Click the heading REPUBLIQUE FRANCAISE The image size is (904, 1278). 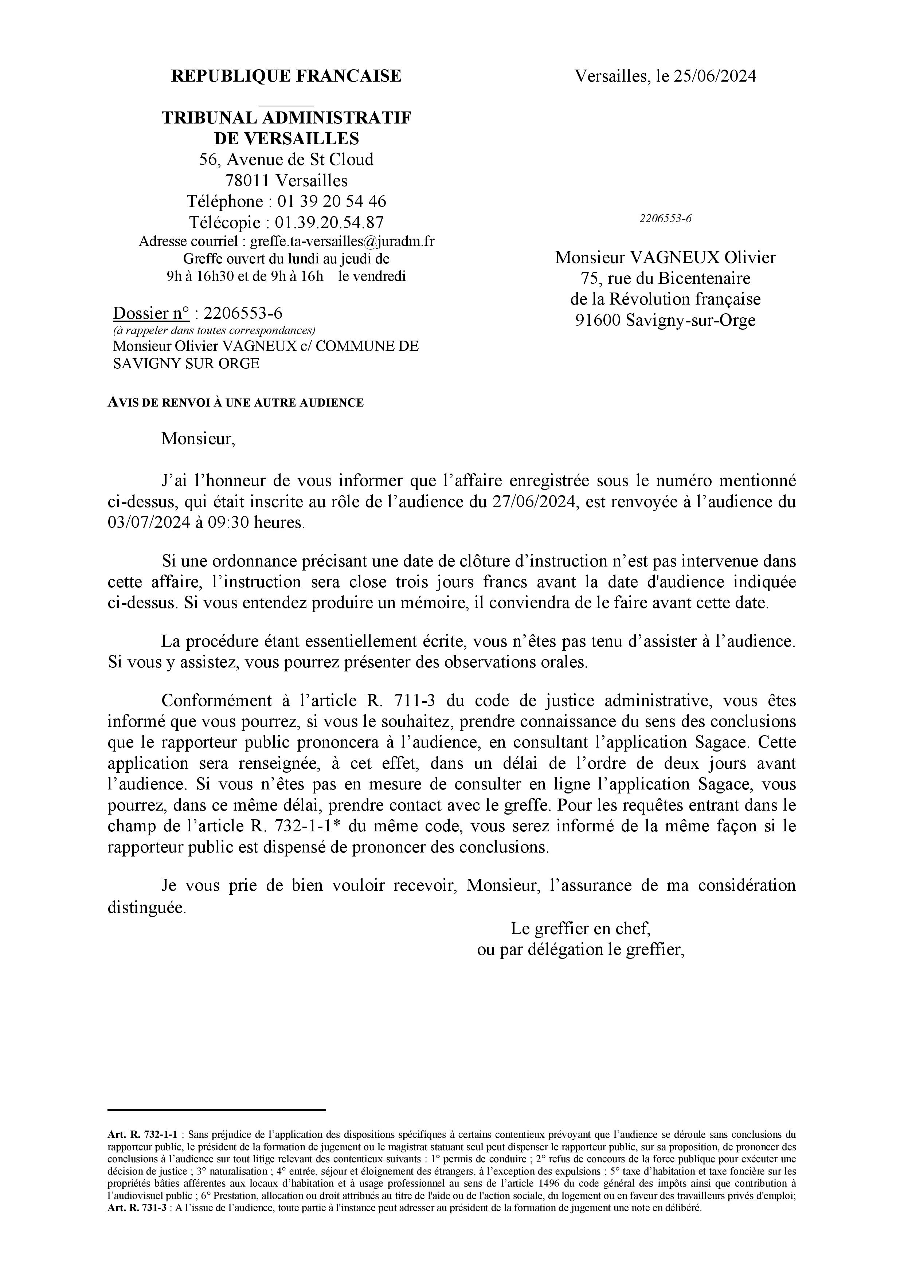click(x=286, y=76)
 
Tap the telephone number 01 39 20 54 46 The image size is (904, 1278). click(x=331, y=201)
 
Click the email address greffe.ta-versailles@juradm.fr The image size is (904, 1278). click(x=343, y=241)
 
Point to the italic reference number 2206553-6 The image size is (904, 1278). click(x=665, y=219)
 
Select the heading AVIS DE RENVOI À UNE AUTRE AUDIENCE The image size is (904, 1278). click(x=235, y=403)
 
